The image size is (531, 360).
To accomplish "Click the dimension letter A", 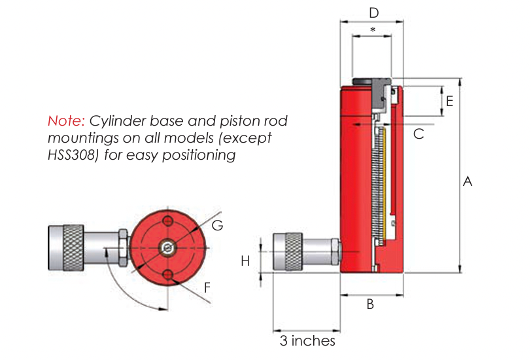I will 467,182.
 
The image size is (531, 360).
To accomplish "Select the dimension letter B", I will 369,304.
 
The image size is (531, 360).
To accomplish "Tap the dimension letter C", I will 419,134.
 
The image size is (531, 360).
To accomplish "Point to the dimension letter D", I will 373,12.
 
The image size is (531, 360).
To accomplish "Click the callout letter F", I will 208,286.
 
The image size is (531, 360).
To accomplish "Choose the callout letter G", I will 218,225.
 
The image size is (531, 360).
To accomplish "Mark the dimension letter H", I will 245,261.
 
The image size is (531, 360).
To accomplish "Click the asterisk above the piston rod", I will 373,30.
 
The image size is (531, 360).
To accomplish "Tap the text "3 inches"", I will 307,341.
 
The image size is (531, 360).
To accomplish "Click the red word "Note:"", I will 66,121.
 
